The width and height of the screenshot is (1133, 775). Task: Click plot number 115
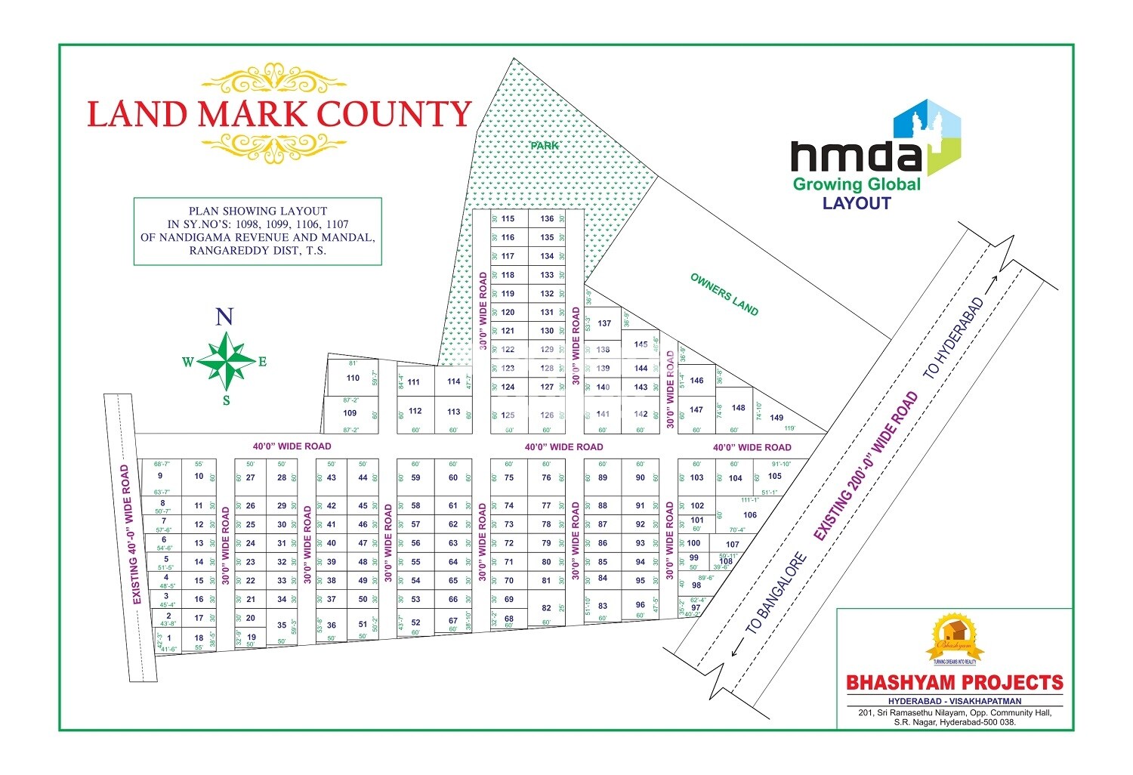click(508, 219)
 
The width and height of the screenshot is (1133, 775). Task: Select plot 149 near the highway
click(776, 418)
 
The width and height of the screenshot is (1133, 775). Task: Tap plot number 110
click(353, 378)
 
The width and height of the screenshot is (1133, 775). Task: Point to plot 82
click(547, 608)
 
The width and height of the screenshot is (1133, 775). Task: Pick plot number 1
click(169, 638)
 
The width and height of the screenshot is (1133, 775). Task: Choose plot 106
click(749, 515)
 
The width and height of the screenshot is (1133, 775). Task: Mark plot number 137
click(604, 323)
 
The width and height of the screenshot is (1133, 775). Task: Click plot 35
click(282, 625)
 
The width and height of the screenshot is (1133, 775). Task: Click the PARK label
click(544, 145)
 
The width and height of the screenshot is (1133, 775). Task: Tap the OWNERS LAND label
click(724, 295)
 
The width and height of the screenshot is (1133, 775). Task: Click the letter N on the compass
click(224, 316)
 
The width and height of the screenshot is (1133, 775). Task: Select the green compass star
click(226, 360)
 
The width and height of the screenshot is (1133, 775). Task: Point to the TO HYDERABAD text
click(955, 338)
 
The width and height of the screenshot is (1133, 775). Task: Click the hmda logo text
click(856, 156)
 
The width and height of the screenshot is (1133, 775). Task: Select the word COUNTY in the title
click(394, 114)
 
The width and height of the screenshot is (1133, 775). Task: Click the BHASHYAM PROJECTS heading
click(954, 683)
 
